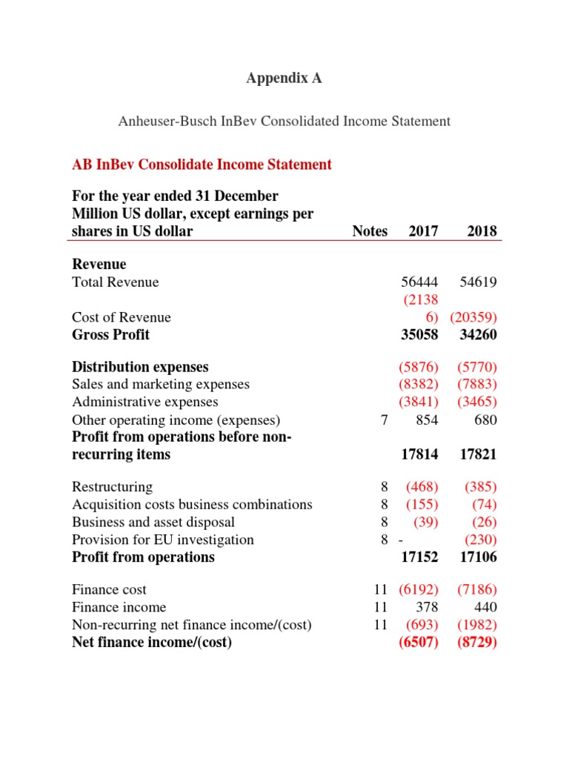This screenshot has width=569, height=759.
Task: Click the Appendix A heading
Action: point(284,78)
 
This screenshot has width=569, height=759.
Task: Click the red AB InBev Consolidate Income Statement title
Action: point(202,165)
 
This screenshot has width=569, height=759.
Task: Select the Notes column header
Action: point(370,231)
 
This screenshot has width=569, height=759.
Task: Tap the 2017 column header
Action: point(423,231)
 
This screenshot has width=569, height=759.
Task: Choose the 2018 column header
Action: point(482,231)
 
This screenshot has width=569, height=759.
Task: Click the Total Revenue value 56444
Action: point(419,282)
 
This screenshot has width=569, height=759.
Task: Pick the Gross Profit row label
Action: point(110,335)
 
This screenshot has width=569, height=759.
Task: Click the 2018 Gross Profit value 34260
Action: point(478,335)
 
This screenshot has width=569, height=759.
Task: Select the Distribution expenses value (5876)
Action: point(419,367)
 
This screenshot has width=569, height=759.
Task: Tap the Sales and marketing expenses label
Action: point(161,384)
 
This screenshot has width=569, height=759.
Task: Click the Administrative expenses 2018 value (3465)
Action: point(477,402)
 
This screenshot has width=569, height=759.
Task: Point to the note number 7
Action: point(383,420)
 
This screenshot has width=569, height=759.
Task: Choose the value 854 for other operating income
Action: point(426,420)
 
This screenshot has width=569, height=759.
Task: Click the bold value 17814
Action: point(419,454)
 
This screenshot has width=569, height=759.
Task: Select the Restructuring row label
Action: point(112,487)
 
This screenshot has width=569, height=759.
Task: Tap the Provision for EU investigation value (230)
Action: point(480,540)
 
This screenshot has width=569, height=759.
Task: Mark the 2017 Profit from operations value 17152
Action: point(419,557)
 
